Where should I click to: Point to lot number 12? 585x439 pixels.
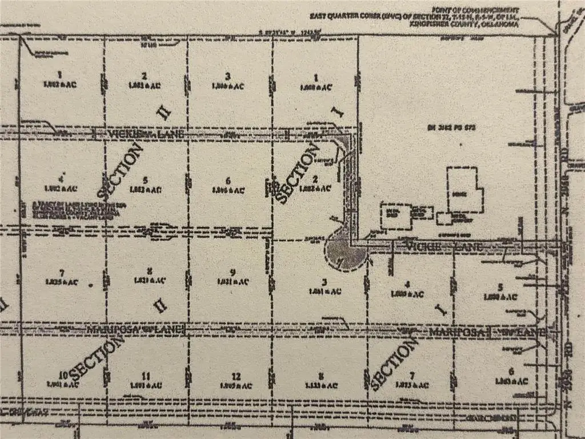pos(237,376)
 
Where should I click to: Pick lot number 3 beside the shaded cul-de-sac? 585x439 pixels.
pos(324,282)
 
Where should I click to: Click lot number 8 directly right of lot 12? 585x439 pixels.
pos(322,376)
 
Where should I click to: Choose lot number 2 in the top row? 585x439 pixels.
pos(145,76)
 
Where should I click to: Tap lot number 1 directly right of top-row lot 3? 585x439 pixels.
pos(315,78)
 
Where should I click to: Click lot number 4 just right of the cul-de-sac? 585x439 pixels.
pos(407,284)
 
